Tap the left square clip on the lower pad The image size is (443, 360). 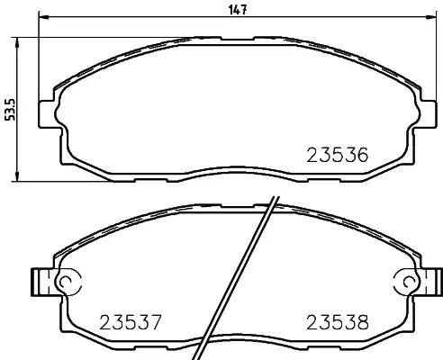[39, 282]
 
